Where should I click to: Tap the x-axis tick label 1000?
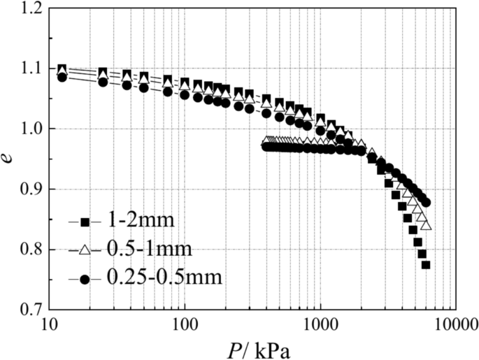pyautogui.click(x=320, y=324)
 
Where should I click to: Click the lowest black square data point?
pyautogui.click(x=425, y=265)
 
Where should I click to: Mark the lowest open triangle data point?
pyautogui.click(x=427, y=226)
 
